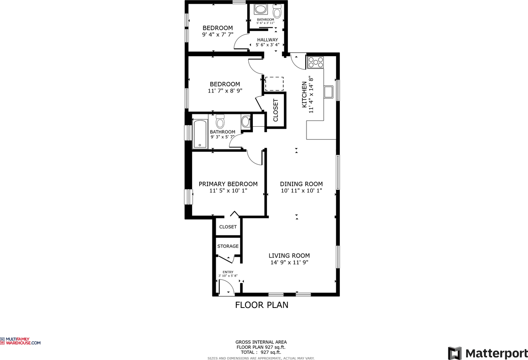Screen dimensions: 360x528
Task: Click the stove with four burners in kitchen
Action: (x=316, y=62)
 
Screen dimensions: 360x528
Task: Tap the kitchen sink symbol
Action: (x=328, y=92)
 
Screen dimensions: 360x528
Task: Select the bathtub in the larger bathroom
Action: (x=200, y=133)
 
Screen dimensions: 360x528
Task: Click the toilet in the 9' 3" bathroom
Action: (x=220, y=122)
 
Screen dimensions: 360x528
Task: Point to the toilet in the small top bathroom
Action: (x=277, y=12)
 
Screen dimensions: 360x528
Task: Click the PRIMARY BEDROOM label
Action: (x=228, y=184)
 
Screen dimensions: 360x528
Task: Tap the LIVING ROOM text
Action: (x=289, y=256)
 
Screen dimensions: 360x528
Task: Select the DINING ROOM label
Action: (x=301, y=184)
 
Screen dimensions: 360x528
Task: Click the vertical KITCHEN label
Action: (x=304, y=95)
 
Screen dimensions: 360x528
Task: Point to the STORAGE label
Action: (x=228, y=246)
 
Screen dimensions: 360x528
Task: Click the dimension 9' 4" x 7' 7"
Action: (x=218, y=35)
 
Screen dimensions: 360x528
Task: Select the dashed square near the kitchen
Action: (x=274, y=83)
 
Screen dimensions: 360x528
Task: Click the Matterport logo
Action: (x=488, y=353)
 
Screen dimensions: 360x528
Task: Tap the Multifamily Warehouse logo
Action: (x=21, y=341)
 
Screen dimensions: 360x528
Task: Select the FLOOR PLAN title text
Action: (x=262, y=305)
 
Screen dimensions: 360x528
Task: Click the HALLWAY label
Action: (x=267, y=40)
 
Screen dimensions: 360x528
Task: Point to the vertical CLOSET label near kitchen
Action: (x=276, y=110)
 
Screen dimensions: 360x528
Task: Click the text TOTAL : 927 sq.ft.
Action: (x=261, y=352)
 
